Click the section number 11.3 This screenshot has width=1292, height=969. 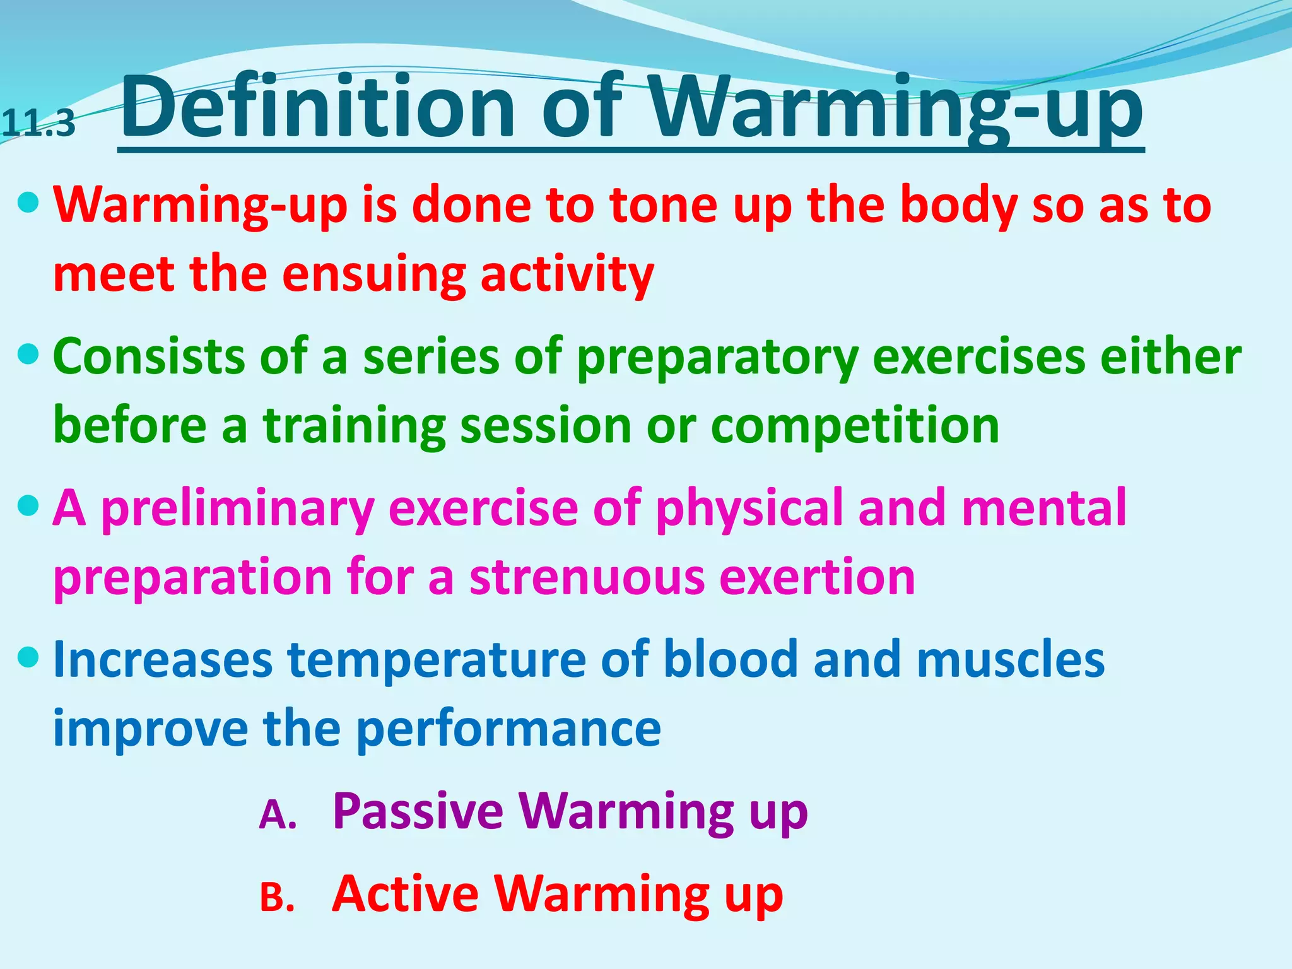click(x=38, y=124)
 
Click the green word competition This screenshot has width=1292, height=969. click(x=855, y=426)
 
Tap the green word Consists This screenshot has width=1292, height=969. click(x=149, y=356)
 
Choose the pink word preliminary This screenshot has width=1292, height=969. click(x=238, y=508)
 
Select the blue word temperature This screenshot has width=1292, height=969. click(x=437, y=660)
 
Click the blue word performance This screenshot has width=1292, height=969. click(x=508, y=729)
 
